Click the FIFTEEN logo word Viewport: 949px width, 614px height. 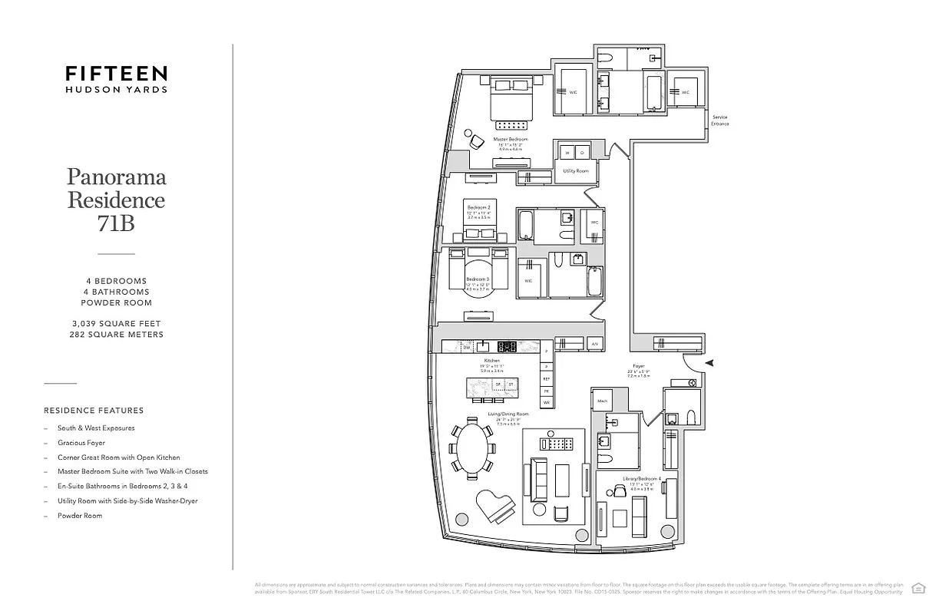coord(116,73)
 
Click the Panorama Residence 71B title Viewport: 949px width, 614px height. coord(116,200)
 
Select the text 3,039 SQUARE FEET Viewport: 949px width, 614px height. coord(116,324)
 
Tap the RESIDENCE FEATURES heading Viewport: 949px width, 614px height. coord(94,411)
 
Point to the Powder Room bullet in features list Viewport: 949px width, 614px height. coord(80,516)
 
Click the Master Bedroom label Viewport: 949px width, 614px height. coord(511,139)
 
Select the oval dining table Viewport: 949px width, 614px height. coord(473,449)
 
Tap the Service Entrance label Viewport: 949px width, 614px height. coord(719,120)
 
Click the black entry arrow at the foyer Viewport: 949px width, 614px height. coord(709,362)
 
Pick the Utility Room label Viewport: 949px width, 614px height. coord(575,170)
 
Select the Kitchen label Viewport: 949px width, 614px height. coord(491,360)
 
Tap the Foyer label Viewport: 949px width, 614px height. coord(639,366)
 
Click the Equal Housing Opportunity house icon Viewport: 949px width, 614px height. coord(918,588)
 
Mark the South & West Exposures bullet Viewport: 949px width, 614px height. coord(96,428)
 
